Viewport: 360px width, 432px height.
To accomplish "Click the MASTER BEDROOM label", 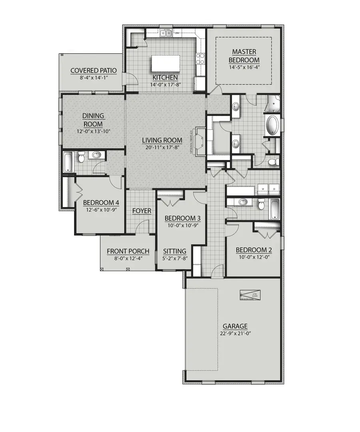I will click(x=244, y=56).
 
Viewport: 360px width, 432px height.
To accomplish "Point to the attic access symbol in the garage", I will click(x=250, y=294).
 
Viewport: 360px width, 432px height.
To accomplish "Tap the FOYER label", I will click(x=142, y=211).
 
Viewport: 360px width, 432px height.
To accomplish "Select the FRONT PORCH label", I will click(x=128, y=251).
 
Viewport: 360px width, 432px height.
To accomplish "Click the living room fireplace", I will click(x=200, y=141).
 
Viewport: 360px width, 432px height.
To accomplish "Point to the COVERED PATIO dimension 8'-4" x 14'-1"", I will click(x=93, y=78).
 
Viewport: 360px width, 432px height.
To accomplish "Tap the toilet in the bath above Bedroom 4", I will click(x=82, y=158).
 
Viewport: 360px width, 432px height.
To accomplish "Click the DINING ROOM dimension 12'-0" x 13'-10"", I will click(x=93, y=131).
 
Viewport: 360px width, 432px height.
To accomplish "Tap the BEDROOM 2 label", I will click(x=254, y=250).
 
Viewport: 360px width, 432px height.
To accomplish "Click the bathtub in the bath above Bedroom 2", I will click(x=274, y=209).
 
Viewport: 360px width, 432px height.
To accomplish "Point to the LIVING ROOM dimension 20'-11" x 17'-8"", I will click(x=162, y=147).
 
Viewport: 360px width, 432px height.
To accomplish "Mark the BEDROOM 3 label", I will click(x=182, y=218).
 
